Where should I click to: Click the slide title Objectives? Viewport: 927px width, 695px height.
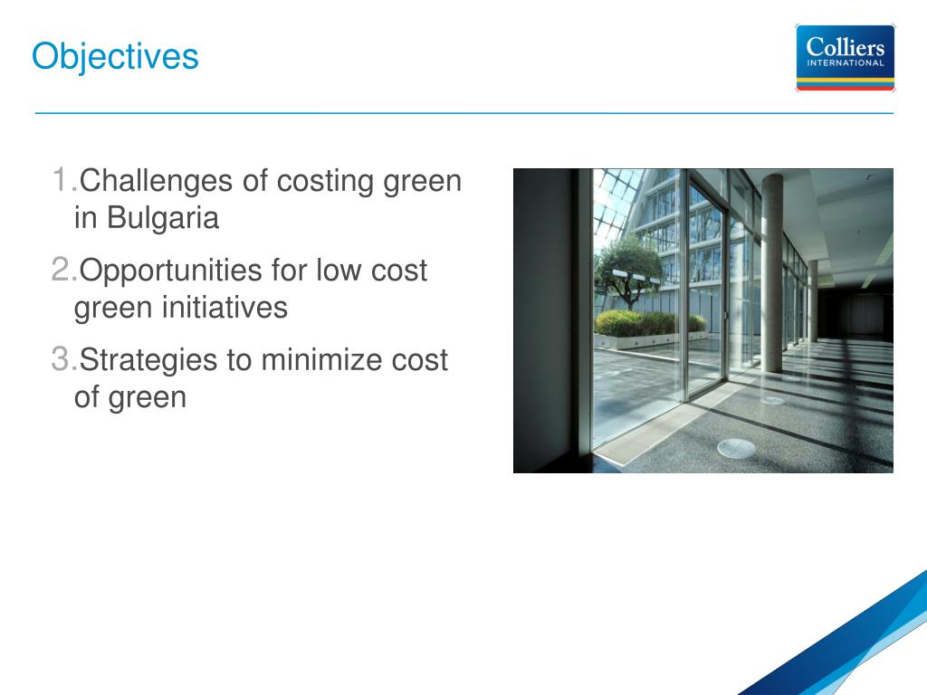click(x=115, y=58)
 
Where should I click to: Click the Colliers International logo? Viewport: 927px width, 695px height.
click(x=845, y=58)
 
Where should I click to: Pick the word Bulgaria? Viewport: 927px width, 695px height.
click(x=163, y=217)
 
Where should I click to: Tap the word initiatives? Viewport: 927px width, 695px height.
click(x=225, y=308)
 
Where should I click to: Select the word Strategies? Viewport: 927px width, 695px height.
click(x=148, y=361)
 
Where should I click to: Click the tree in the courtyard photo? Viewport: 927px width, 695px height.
click(x=630, y=268)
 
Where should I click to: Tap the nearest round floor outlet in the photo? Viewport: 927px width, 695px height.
click(x=736, y=449)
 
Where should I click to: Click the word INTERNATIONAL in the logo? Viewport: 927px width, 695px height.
click(x=846, y=62)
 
